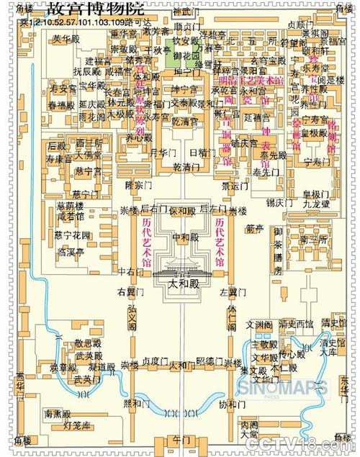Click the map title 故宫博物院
point(93,9)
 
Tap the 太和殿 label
point(182,284)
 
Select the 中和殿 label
point(182,237)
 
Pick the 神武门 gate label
point(186,12)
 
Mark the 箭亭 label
point(254,230)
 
